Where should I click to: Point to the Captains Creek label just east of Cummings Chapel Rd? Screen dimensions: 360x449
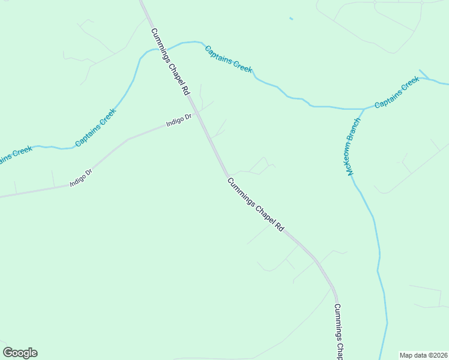tap(228, 59)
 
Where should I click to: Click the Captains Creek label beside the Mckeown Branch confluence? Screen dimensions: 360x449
tap(396, 94)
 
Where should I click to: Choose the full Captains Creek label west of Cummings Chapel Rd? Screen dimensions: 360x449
tap(95, 127)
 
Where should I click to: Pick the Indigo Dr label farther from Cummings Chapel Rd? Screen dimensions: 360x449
tap(81, 178)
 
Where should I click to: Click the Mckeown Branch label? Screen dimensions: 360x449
tap(353, 146)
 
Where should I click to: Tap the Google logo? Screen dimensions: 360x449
tap(20, 353)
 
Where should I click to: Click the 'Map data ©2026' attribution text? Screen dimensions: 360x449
tap(423, 355)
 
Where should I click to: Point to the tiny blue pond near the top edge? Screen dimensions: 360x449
tap(291, 19)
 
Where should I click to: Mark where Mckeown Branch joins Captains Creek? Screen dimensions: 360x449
tap(364, 109)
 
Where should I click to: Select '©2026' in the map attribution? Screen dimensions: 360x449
tap(435, 355)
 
